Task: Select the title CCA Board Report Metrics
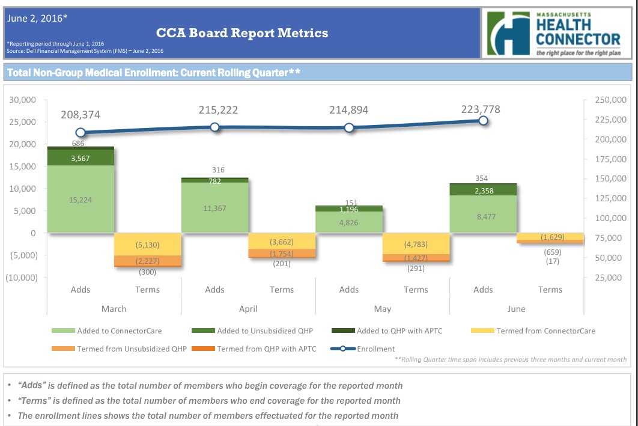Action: point(242,33)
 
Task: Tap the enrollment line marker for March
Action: point(81,133)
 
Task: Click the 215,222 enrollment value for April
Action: point(218,110)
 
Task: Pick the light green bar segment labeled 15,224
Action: point(81,199)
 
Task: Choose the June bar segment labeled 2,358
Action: point(483,190)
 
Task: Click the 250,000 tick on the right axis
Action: point(610,100)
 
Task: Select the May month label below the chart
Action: point(382,309)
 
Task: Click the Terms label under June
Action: point(550,290)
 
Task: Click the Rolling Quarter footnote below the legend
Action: point(511,359)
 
